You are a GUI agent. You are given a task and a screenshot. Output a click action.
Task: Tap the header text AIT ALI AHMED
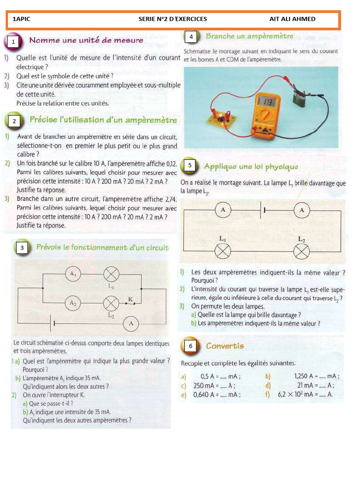292,19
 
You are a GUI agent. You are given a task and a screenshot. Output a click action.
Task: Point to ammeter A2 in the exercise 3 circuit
73,303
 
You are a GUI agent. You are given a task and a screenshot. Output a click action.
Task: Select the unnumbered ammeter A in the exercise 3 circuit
131,323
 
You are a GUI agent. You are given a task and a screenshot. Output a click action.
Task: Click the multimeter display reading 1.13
268,102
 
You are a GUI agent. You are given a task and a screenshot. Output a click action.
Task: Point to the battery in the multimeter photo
299,99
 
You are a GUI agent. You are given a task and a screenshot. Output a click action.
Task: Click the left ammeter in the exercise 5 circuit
223,210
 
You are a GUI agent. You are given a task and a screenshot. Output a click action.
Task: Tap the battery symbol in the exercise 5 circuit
262,210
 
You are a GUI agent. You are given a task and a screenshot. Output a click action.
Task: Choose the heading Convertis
225,346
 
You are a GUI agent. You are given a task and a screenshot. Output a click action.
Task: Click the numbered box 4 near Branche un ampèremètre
190,37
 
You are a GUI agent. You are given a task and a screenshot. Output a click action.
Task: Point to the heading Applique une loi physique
251,166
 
